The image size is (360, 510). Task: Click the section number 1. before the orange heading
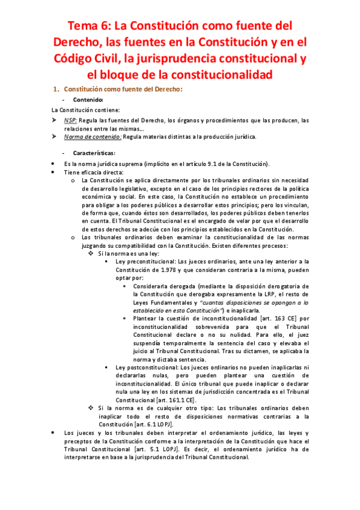[x=58, y=90]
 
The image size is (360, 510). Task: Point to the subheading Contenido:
[x=88, y=100]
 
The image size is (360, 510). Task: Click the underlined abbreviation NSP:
[x=72, y=120]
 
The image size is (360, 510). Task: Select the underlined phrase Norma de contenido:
[x=92, y=136]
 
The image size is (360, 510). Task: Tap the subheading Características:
[x=99, y=153]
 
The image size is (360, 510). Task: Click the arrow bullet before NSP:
[x=53, y=120]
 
